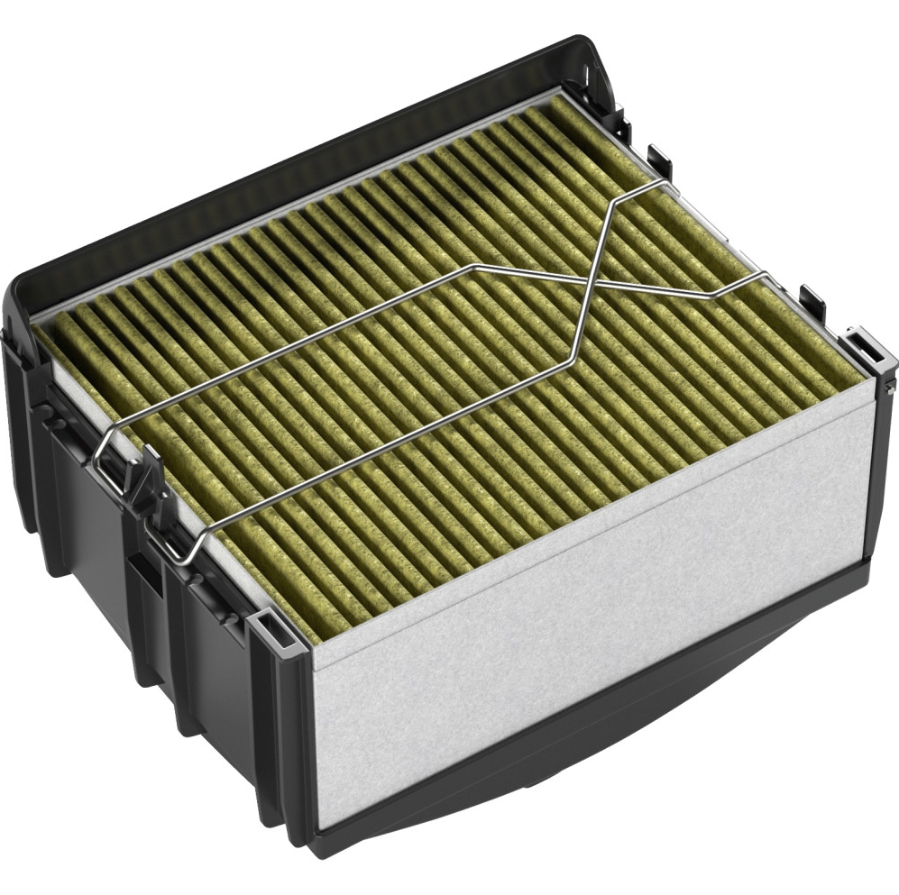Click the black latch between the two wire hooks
pos(144,491)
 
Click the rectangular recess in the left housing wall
pos(144,577)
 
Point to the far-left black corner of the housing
pos(18,297)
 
